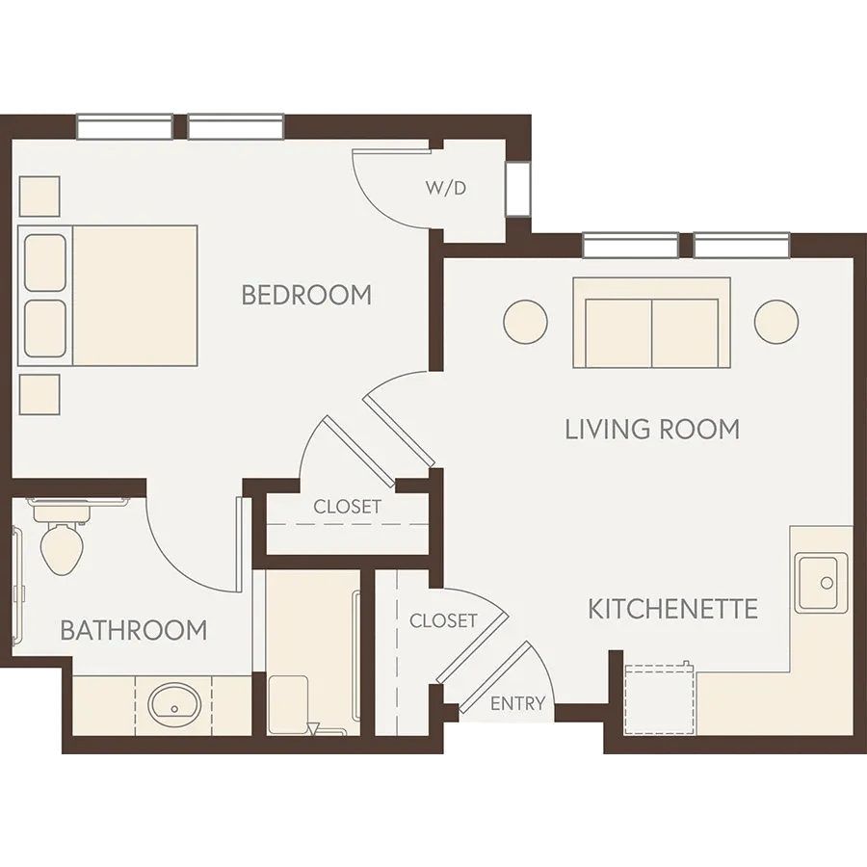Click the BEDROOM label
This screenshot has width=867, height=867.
(x=306, y=295)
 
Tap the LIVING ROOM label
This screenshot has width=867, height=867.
(x=652, y=429)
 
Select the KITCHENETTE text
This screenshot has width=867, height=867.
(x=672, y=609)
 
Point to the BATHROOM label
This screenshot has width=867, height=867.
(x=133, y=630)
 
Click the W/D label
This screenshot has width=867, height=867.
(x=446, y=188)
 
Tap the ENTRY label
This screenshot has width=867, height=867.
(x=517, y=703)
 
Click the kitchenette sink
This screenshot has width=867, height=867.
(x=821, y=582)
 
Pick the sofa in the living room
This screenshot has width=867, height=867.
(x=652, y=323)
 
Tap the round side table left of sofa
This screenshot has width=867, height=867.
(x=525, y=322)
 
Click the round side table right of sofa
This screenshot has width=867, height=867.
(x=776, y=322)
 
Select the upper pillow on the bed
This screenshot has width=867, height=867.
(x=45, y=263)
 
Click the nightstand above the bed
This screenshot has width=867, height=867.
(x=39, y=197)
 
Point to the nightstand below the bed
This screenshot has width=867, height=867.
(x=39, y=394)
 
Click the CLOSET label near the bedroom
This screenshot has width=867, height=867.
(x=347, y=506)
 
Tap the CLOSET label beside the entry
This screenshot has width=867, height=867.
(x=443, y=620)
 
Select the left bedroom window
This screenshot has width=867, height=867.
(x=124, y=126)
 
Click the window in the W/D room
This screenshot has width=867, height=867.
(x=518, y=189)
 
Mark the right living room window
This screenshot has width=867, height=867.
(x=742, y=245)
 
